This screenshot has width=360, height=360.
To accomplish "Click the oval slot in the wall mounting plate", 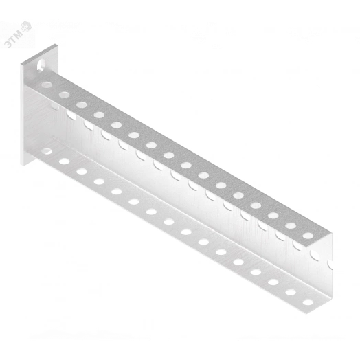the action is [41, 65].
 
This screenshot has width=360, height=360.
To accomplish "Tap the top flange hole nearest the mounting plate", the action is [47, 85].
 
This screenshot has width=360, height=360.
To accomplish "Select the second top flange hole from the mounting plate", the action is [65, 95].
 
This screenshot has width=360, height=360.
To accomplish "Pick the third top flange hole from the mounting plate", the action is [82, 105].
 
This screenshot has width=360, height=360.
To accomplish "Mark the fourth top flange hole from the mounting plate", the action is [99, 115].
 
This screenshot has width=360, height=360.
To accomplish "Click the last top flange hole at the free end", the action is [308, 236].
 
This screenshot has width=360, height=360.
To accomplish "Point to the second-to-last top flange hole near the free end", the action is [291, 225].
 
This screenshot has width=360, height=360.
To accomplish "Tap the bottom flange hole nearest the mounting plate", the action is [47, 151].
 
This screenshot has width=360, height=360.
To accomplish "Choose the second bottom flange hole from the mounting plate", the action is [65, 161].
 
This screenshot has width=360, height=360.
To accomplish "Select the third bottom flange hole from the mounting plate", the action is [82, 172].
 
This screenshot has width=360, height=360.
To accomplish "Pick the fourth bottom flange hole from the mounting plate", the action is [99, 181].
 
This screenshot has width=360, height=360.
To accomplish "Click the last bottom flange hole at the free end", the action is [308, 302].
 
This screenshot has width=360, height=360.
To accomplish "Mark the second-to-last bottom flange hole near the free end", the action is [291, 292].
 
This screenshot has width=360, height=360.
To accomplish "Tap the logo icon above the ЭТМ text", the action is [25, 27].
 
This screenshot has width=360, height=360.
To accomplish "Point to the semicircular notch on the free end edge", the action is [330, 265].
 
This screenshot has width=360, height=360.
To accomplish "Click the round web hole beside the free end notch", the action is [315, 256].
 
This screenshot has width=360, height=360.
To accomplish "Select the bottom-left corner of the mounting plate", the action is [23, 166].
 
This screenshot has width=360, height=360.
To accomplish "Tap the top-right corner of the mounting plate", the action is [58, 44].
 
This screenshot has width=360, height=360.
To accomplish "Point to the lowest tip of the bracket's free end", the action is [306, 314].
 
